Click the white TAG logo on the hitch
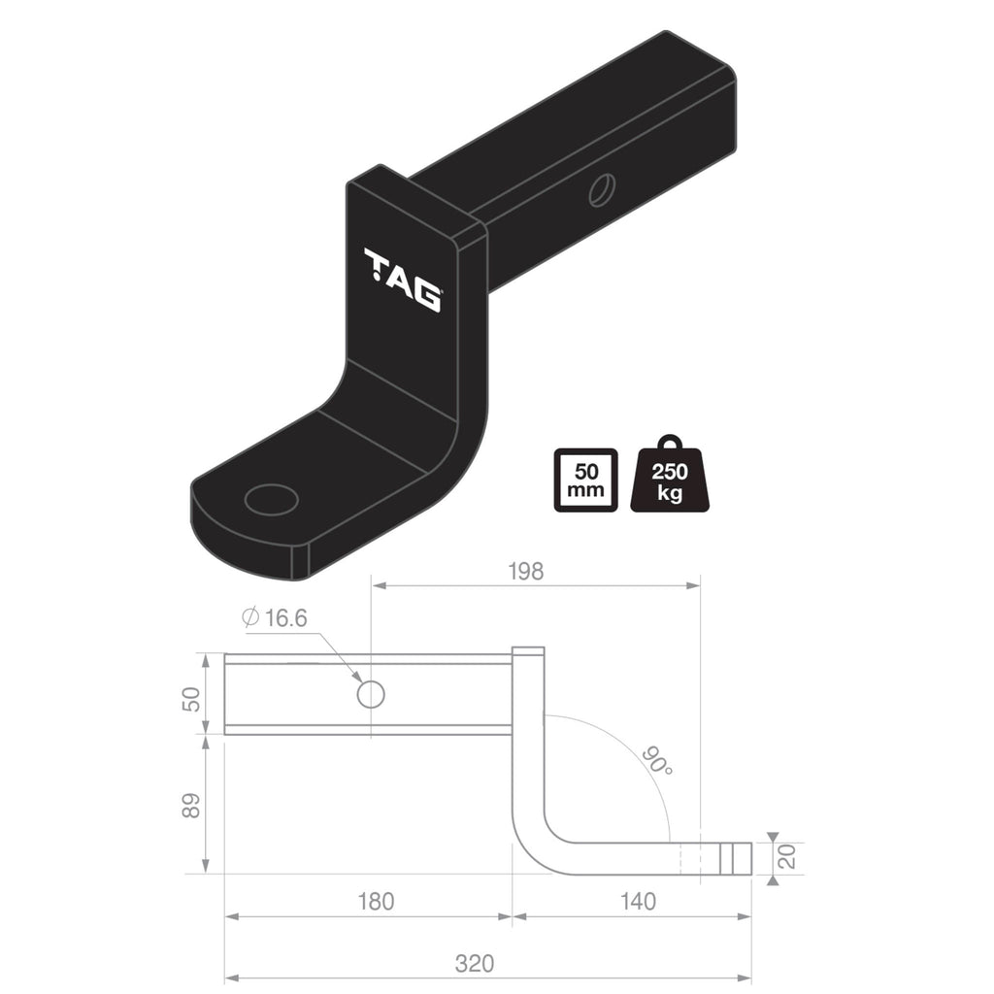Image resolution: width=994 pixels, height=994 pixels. tap(402, 281)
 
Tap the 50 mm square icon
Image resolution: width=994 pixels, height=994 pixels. tap(584, 480)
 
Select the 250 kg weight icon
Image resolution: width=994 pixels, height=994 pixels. tap(670, 476)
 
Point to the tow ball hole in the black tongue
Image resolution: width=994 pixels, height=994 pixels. tap(271, 500)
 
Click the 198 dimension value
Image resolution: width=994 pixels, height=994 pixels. tap(525, 571)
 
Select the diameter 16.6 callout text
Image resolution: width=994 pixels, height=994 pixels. tap(277, 617)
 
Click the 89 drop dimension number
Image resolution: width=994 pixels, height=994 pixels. tap(192, 804)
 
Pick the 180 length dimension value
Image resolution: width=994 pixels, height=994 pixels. tap(376, 902)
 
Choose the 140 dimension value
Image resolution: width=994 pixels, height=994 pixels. tap(637, 902)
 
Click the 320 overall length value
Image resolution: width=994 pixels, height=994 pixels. tap(476, 964)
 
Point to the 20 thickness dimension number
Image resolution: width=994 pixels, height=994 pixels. tap(787, 856)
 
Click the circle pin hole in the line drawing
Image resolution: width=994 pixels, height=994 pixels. tap(371, 693)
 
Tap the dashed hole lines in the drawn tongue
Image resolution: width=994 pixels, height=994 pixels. tap(690, 857)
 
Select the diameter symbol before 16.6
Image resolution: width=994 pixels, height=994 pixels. tap(248, 617)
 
